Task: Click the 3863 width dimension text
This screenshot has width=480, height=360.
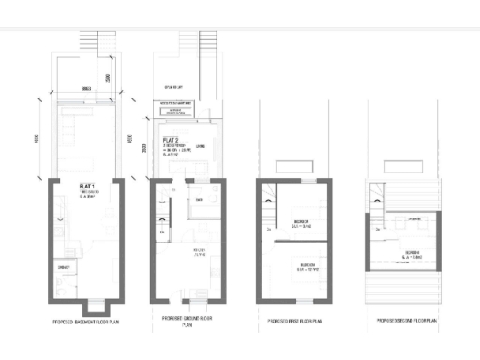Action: [85, 87]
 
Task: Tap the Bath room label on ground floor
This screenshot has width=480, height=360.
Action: [200, 200]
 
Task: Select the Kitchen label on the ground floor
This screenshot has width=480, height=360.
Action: [200, 252]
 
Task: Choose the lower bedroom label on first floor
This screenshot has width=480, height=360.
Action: [301, 265]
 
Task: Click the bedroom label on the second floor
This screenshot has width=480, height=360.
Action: [412, 254]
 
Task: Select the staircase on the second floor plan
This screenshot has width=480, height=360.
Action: [377, 197]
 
